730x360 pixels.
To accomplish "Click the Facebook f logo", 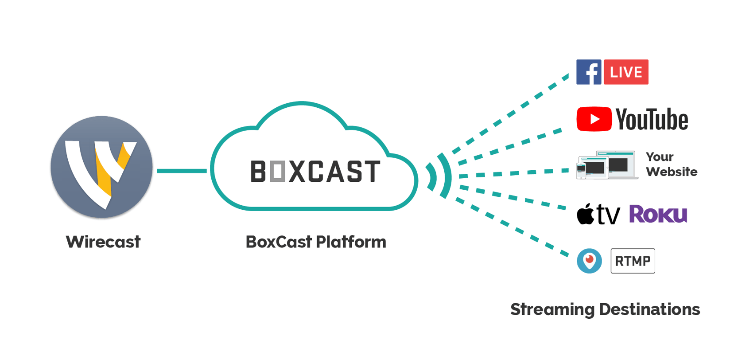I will point(589,72).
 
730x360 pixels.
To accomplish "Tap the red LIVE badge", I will point(626,72).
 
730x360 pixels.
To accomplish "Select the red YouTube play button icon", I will point(594,119).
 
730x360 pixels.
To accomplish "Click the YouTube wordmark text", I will point(652,120).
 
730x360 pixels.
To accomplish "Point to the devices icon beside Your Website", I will point(607,165).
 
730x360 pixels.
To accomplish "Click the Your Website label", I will point(672,164).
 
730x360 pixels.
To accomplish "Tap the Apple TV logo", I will point(598,214).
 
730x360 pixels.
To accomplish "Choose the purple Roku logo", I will point(658,214).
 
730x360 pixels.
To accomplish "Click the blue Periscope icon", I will point(589,261).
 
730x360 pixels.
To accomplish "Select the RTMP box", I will point(633,261).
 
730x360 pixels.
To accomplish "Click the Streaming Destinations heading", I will point(605,309).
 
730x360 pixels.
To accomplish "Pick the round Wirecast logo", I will point(101,167).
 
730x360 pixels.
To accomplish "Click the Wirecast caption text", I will point(103,242).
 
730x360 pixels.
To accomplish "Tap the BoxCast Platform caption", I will point(316,242).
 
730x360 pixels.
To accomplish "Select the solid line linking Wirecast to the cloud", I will point(182,171).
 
